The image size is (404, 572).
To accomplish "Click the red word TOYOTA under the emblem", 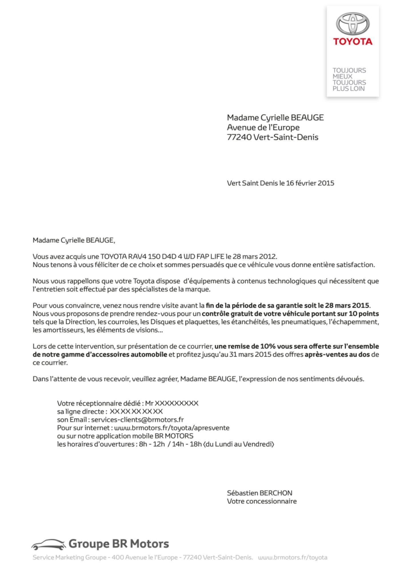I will pos(353,42).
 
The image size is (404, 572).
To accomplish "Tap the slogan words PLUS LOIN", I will pos(348,89).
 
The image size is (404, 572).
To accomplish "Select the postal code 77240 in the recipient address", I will pos(239,137).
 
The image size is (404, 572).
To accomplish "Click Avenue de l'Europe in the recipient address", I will pos(263,127).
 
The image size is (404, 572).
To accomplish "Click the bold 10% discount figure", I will pos(268,346).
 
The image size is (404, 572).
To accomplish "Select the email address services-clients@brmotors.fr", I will pos(137,420).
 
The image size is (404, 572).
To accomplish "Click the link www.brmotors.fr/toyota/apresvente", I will pos(172,428).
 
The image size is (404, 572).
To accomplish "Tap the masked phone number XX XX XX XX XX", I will pos(136,412).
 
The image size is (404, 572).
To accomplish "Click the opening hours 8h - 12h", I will pos(152,444).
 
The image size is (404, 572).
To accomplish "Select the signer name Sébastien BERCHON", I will pos(259,493).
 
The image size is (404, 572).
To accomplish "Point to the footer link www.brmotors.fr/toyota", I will pos(293,557).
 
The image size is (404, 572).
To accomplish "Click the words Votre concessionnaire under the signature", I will pos(262,501).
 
